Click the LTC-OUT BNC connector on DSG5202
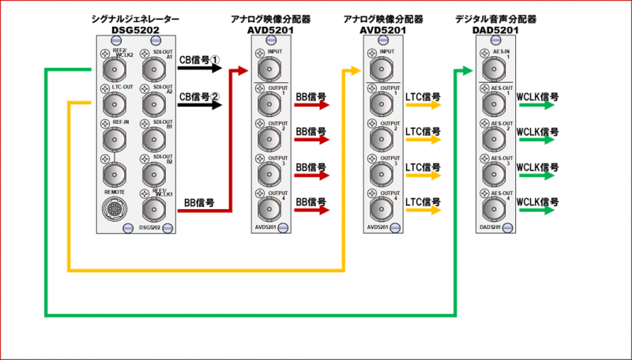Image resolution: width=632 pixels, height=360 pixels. pyautogui.click(x=111, y=103)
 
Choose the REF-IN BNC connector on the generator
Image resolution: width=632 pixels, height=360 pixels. pyautogui.click(x=111, y=139)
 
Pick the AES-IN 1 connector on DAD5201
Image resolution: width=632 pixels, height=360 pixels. pyautogui.click(x=495, y=71)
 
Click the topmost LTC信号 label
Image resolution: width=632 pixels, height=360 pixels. pyautogui.click(x=423, y=97)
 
